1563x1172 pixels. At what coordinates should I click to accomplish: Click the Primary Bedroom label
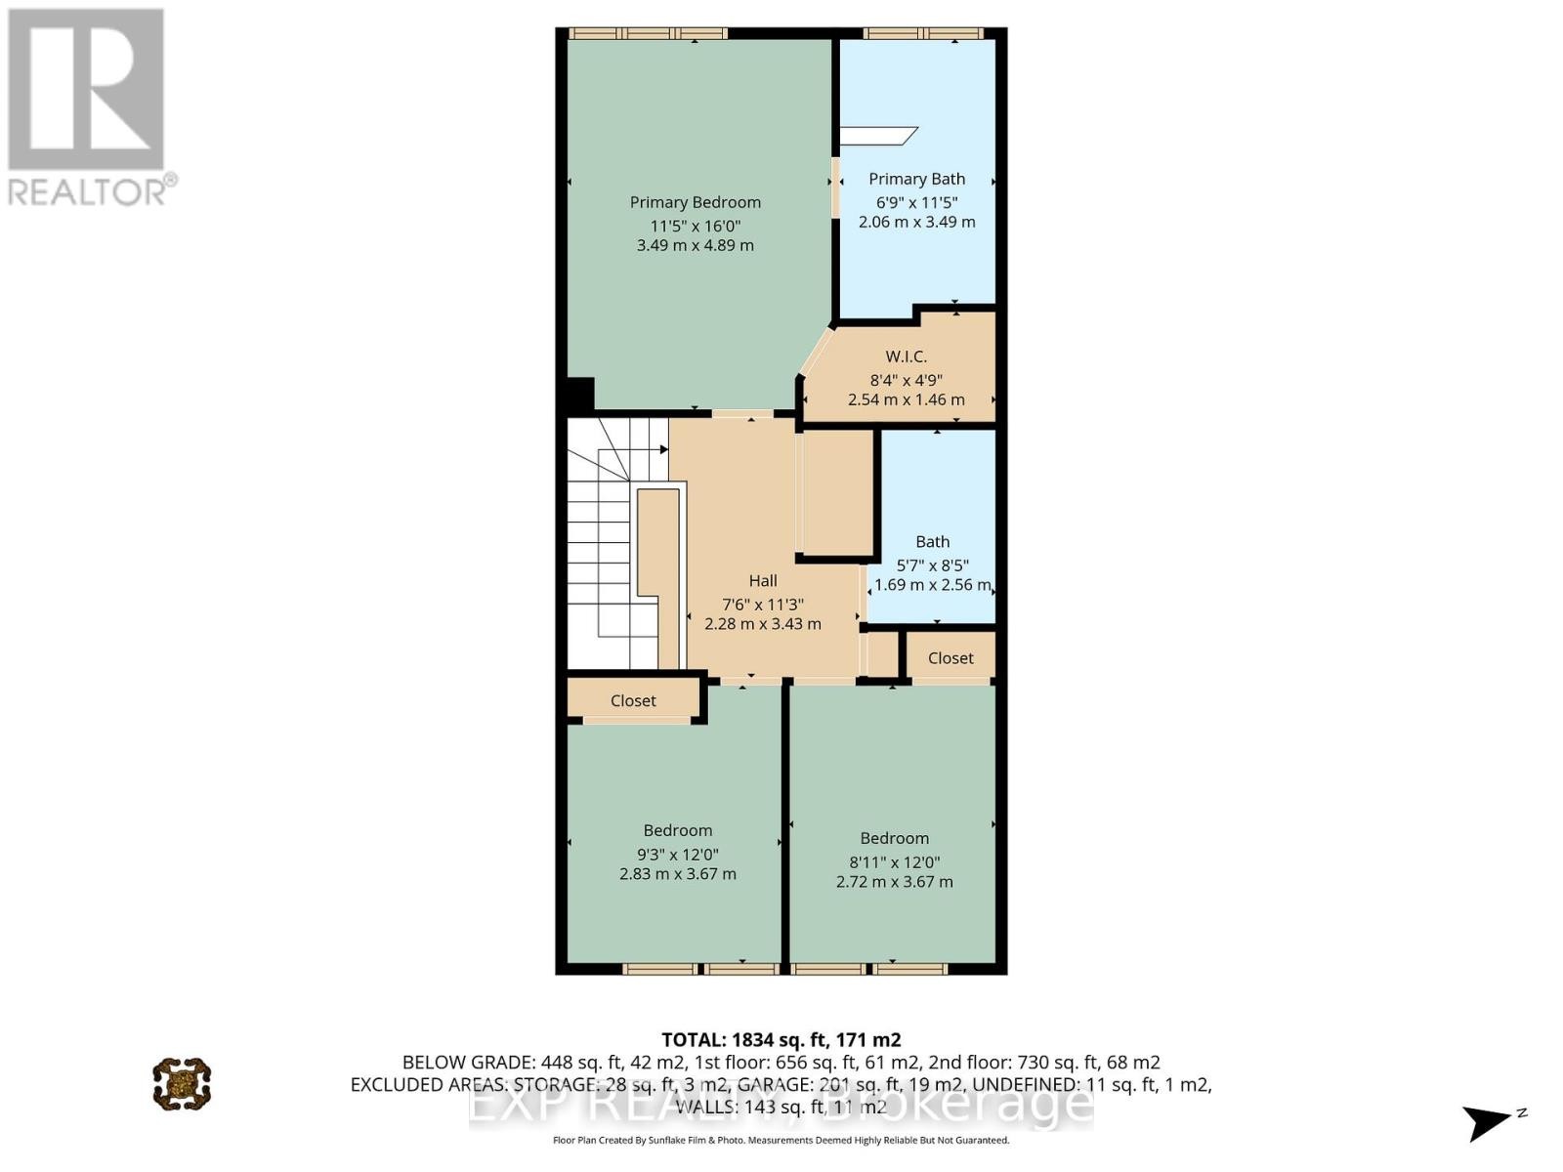695,202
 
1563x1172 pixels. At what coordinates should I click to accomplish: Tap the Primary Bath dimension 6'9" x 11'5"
916,202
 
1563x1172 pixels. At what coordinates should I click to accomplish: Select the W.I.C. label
906,356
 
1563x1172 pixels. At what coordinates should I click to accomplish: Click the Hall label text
763,580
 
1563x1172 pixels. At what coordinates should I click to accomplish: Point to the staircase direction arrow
662,449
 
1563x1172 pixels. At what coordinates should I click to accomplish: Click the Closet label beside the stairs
633,700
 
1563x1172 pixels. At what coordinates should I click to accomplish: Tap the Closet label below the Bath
950,658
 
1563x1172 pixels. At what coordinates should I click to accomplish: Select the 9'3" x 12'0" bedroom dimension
677,854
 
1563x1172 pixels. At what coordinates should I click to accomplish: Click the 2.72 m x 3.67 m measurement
894,881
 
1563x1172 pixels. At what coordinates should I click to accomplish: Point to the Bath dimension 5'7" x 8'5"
932,565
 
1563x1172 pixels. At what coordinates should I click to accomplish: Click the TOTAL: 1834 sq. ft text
781,1040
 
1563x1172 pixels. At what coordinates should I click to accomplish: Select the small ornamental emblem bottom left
182,1083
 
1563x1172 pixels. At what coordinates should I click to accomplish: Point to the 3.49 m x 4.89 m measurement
695,245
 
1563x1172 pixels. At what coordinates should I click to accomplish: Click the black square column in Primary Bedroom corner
580,394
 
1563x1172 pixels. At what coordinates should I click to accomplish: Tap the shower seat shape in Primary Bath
879,135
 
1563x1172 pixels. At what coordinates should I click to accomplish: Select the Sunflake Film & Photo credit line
781,1140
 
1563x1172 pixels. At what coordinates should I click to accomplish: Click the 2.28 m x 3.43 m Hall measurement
763,623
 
